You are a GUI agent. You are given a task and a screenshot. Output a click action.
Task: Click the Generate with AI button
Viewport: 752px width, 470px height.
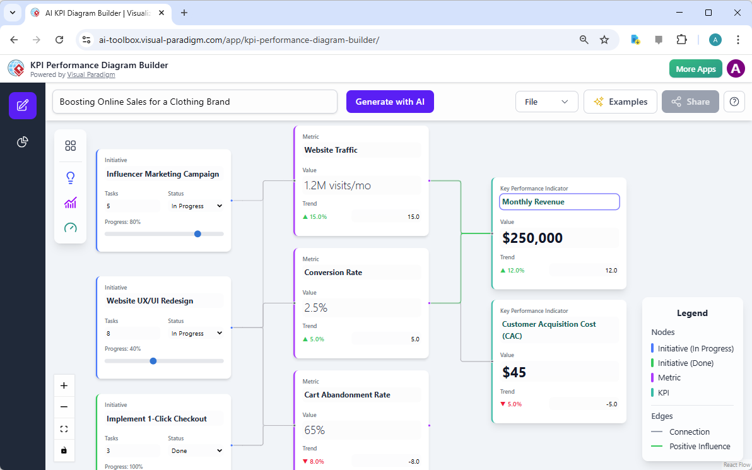point(390,102)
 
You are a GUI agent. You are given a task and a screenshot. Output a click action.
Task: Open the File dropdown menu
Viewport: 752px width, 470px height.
point(546,102)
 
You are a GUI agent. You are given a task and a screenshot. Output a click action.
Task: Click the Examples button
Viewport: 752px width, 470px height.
point(620,102)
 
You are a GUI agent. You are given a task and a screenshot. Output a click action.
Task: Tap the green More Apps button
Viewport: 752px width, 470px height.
point(695,69)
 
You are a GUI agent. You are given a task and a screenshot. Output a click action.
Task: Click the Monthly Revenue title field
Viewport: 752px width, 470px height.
point(560,202)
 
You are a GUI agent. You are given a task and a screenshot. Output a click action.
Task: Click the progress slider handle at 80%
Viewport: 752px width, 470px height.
point(197,233)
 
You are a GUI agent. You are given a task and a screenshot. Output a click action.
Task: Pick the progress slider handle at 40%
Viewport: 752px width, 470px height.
point(153,361)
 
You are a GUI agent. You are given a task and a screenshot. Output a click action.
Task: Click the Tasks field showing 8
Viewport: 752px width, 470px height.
point(132,334)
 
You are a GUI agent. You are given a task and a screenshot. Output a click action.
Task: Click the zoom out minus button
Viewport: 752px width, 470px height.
point(64,407)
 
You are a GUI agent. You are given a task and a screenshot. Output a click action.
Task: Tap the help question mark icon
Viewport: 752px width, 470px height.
point(734,102)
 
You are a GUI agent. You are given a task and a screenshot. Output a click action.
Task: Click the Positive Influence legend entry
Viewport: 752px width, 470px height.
point(691,447)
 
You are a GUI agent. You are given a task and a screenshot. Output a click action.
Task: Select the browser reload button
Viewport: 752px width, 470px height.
point(59,40)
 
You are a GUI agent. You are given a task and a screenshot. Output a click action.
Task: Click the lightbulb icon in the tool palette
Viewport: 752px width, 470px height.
point(71,178)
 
